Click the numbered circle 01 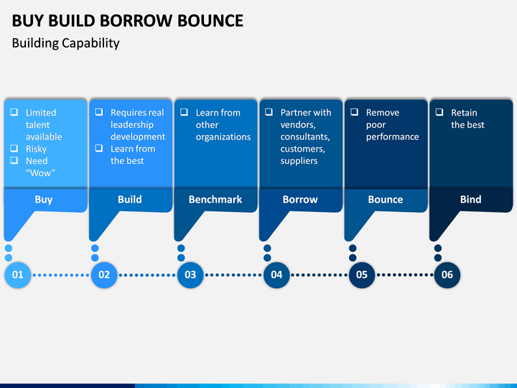(x=18, y=274)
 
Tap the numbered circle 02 (x=104, y=274)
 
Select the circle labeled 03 (x=190, y=274)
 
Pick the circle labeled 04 (x=276, y=274)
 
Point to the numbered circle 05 (x=362, y=274)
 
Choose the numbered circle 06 (x=447, y=274)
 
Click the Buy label (x=44, y=200)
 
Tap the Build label (x=130, y=199)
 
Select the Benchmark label (x=215, y=199)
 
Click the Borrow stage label (x=300, y=199)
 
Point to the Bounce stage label (x=386, y=199)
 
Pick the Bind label (x=470, y=199)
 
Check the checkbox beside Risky (x=14, y=148)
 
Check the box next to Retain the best (x=439, y=112)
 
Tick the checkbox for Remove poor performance (x=354, y=112)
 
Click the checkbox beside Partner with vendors (x=269, y=112)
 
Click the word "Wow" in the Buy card (x=40, y=173)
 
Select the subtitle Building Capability (x=65, y=43)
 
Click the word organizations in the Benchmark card (x=223, y=137)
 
